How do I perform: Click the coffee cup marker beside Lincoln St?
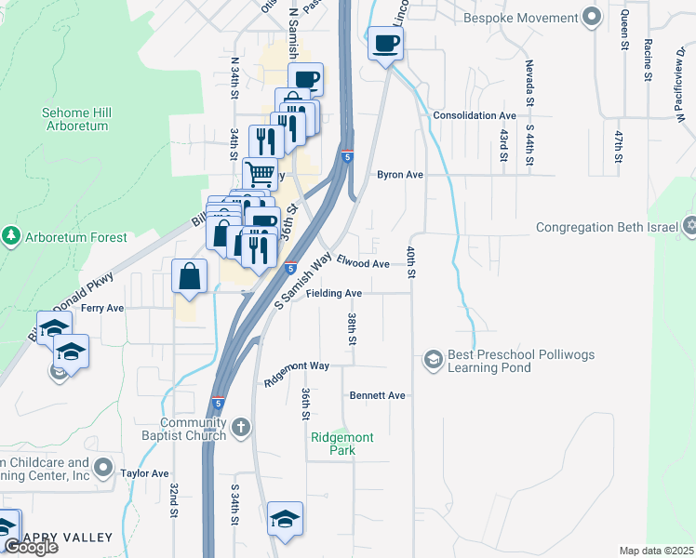385,43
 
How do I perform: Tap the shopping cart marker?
261,173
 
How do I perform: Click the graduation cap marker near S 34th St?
286,519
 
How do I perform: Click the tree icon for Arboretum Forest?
11,236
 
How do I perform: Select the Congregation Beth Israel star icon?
689,226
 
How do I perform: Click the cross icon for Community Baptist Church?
240,428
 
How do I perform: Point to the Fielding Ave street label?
334,293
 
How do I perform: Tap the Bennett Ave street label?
378,395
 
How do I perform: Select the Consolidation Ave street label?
475,115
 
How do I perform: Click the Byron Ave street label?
400,174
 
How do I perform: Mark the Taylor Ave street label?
144,473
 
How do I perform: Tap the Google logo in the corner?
30,547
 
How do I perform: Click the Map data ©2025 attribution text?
655,551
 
